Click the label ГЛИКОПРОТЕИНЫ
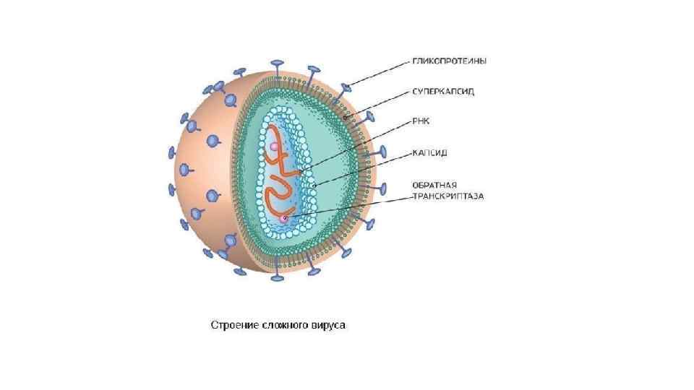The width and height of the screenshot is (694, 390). tap(449, 61)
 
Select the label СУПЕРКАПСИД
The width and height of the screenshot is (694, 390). tap(444, 93)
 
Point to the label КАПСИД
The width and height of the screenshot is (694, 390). tap(430, 153)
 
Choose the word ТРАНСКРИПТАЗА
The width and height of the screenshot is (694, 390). tap(447, 196)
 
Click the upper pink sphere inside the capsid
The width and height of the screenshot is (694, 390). tap(275, 147)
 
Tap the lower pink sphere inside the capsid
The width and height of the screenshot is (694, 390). tap(285, 217)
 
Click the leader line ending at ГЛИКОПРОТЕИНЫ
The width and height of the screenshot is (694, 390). tap(380, 73)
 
